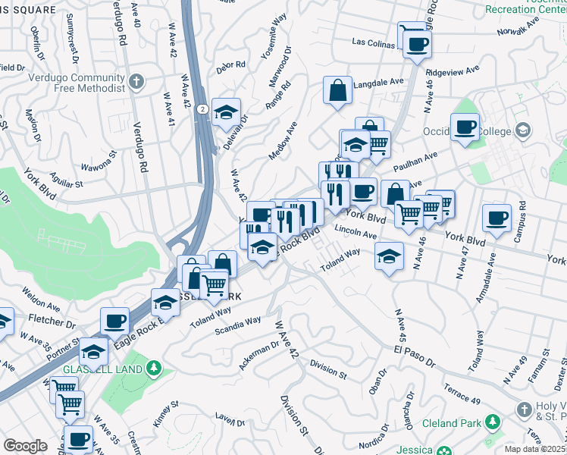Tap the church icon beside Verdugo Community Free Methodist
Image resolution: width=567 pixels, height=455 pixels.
click(136, 81)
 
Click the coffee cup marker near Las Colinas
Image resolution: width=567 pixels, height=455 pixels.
click(416, 43)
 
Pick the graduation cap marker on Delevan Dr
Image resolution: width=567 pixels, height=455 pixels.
click(225, 111)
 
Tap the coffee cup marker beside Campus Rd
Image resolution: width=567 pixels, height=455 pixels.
click(497, 218)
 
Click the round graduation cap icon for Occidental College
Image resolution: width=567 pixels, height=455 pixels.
click(522, 130)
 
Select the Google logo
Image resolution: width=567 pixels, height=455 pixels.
click(25, 445)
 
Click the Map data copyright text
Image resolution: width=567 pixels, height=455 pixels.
click(535, 449)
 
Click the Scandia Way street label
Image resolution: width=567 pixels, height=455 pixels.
click(237, 325)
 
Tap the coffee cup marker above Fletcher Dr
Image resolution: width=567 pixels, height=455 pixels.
click(114, 322)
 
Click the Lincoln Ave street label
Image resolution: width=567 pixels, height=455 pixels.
click(355, 232)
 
